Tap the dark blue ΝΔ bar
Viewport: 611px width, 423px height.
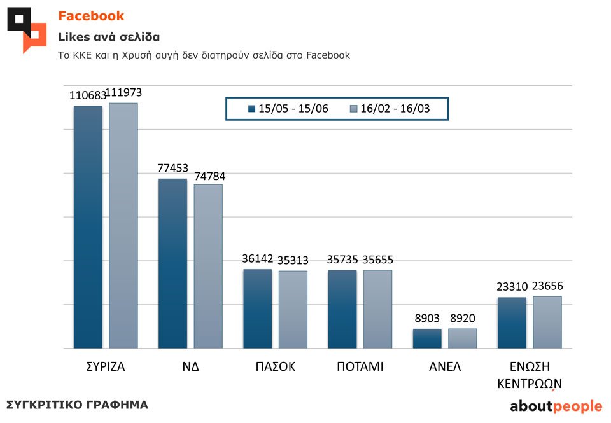click(x=172, y=263)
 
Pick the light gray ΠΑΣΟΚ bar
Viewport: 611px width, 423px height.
click(x=293, y=310)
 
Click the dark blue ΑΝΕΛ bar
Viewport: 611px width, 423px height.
click(x=427, y=338)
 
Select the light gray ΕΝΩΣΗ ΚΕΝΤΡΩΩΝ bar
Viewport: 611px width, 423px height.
click(x=547, y=322)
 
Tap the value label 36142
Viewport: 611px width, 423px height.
click(x=258, y=259)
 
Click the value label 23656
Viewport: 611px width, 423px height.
click(x=547, y=286)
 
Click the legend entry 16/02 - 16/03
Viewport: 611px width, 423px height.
click(x=390, y=109)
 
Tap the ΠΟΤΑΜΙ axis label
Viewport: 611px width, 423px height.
click(x=360, y=367)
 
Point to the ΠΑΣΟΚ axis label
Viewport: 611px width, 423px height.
click(x=276, y=367)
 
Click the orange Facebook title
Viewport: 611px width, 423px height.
click(x=91, y=16)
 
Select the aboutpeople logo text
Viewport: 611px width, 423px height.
click(x=556, y=406)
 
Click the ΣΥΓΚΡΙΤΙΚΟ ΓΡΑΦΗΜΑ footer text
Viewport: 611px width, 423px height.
click(x=77, y=405)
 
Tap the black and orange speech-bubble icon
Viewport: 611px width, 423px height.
click(x=27, y=28)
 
